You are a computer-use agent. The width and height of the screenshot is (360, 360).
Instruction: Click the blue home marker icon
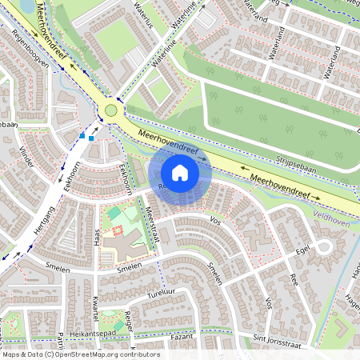tap(180, 172)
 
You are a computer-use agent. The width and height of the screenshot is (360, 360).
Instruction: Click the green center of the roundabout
tap(111, 111)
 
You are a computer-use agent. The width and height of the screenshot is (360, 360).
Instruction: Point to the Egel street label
tap(302, 250)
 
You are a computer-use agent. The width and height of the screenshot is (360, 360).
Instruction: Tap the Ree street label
tap(294, 280)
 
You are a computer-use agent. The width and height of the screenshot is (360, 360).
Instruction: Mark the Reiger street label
tap(129, 320)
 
